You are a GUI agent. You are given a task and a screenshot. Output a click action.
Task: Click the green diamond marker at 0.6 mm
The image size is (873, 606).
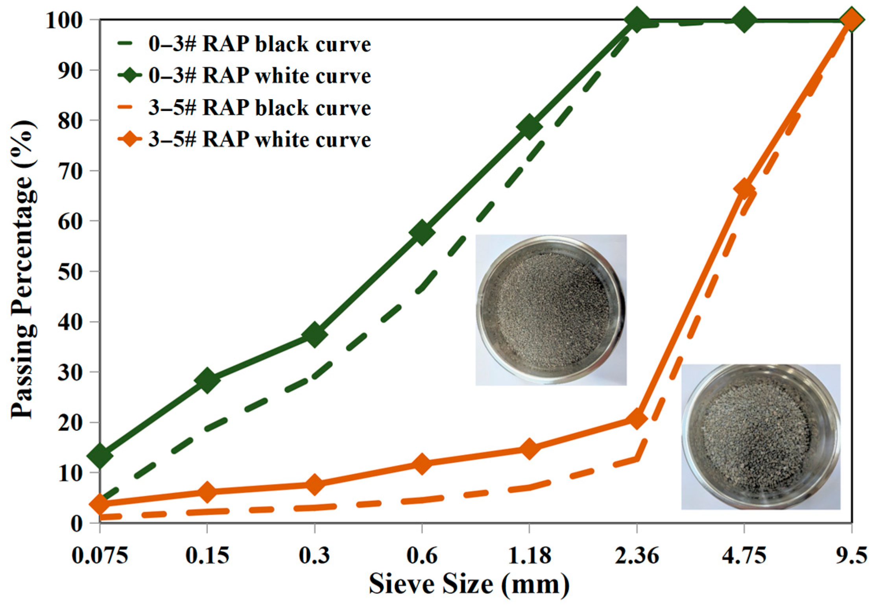(422, 233)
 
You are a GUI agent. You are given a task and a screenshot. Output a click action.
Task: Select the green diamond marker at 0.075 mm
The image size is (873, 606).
(100, 455)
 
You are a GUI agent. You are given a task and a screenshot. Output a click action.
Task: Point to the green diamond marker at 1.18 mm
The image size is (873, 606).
(529, 127)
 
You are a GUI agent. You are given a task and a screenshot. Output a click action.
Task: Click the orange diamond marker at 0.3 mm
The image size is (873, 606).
(314, 484)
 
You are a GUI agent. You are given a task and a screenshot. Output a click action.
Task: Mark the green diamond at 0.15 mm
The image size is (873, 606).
(207, 380)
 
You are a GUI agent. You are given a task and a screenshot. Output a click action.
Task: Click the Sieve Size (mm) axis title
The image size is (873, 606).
(469, 585)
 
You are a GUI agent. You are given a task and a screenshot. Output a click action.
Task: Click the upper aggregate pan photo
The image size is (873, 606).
(551, 310)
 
